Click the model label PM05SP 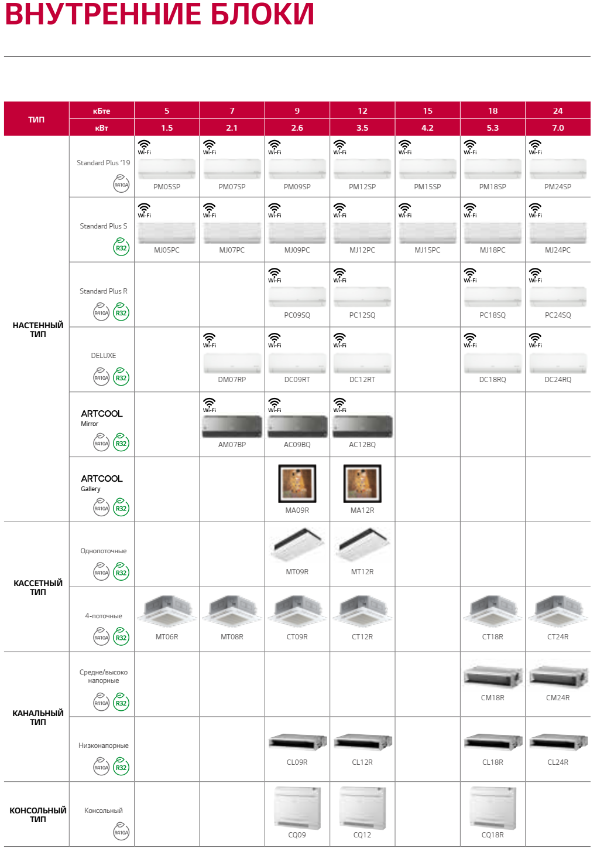pyautogui.click(x=167, y=187)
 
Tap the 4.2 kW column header pyautogui.click(x=427, y=128)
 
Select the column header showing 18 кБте pyautogui.click(x=493, y=111)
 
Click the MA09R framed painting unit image pyautogui.click(x=297, y=483)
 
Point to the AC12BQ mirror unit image pyautogui.click(x=362, y=427)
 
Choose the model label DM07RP pyautogui.click(x=232, y=380)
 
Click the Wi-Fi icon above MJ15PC pyautogui.click(x=405, y=209)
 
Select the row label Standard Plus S pyautogui.click(x=104, y=226)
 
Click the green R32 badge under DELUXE pyautogui.click(x=121, y=377)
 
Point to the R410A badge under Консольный pyautogui.click(x=121, y=832)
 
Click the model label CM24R pyautogui.click(x=558, y=698)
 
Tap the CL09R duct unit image pyautogui.click(x=297, y=743)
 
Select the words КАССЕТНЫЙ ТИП pyautogui.click(x=38, y=587)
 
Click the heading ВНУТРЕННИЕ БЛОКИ pyautogui.click(x=159, y=15)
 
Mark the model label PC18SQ pyautogui.click(x=493, y=315)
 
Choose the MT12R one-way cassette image pyautogui.click(x=362, y=545)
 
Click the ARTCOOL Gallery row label pyautogui.click(x=101, y=482)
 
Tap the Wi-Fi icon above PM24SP pyautogui.click(x=536, y=146)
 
